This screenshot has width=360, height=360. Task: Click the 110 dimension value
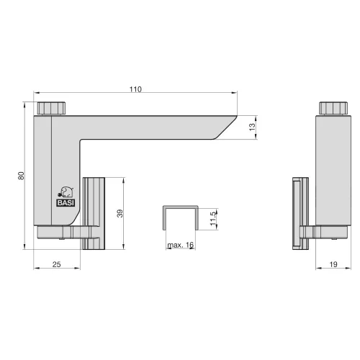[x=135, y=89]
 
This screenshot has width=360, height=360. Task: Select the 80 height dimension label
[x=21, y=176]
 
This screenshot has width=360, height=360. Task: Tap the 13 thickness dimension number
[x=252, y=127]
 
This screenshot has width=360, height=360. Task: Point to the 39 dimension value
[x=120, y=213]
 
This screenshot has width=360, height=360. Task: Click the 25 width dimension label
[x=56, y=264]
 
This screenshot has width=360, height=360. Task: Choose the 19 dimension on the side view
[x=333, y=264]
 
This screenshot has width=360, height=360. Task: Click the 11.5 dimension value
[x=213, y=218]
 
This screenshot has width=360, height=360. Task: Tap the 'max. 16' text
[x=181, y=245]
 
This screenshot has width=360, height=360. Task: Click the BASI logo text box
[x=66, y=203]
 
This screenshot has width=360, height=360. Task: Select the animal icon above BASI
[x=66, y=192]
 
